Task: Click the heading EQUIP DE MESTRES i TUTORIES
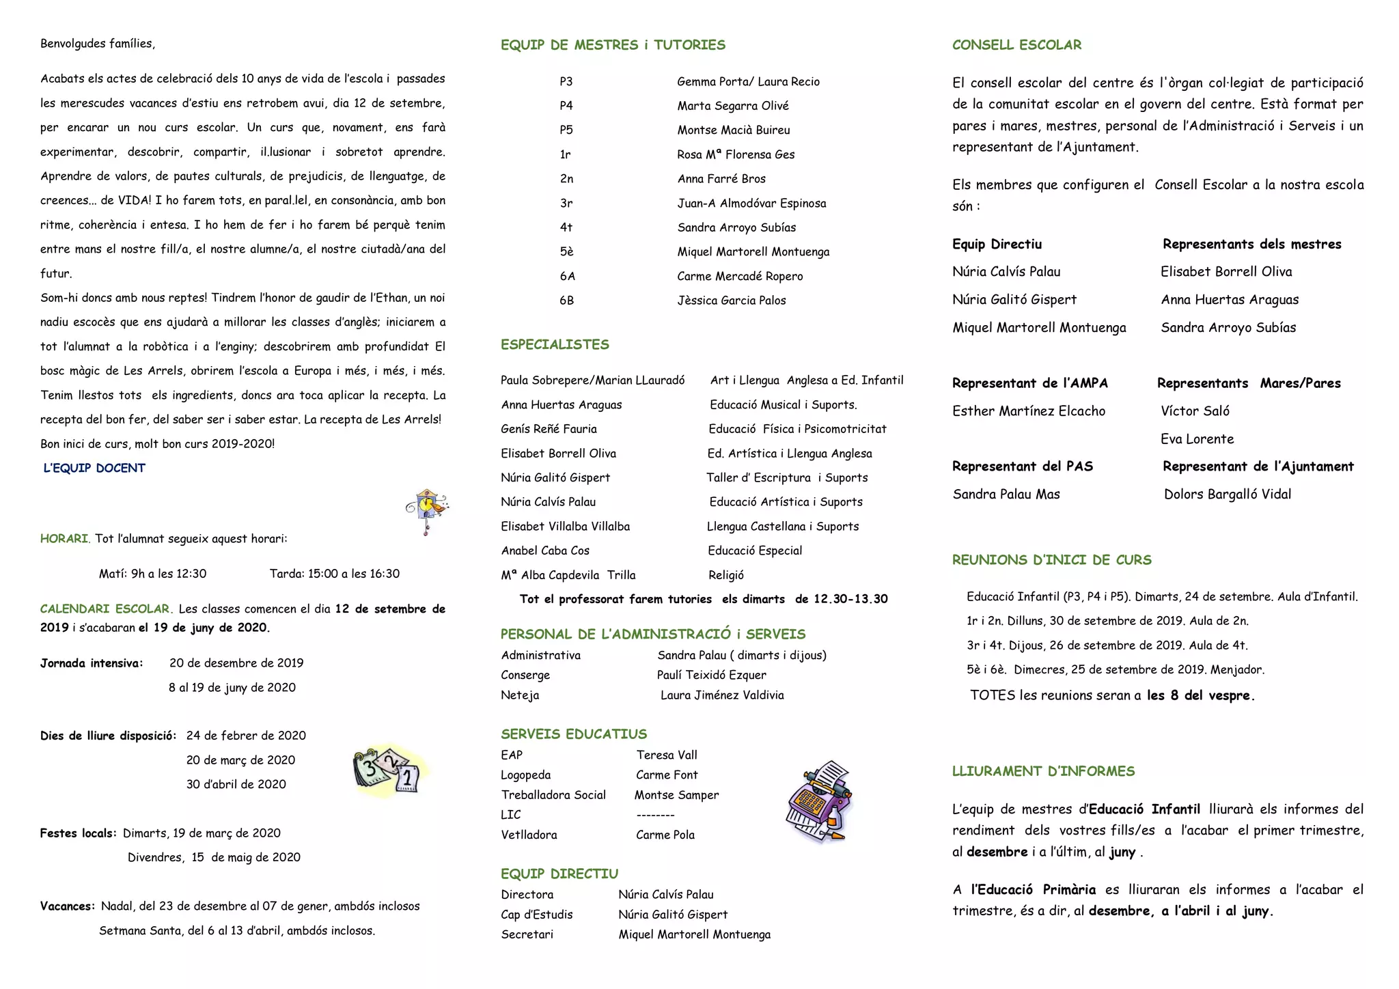[613, 45]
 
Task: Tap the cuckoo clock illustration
[427, 510]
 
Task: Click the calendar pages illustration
[387, 772]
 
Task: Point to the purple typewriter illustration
[820, 802]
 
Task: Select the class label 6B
[566, 301]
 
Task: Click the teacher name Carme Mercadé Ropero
[740, 276]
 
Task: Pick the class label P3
[566, 82]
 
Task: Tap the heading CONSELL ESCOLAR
[1016, 45]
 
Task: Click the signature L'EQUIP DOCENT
[94, 468]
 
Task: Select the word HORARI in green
[64, 539]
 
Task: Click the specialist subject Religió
[726, 575]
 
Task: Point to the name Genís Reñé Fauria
[549, 429]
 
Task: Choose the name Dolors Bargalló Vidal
[1227, 494]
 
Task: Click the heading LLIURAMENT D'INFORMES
[1043, 771]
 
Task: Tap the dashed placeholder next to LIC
[655, 815]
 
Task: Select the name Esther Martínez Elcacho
[1028, 411]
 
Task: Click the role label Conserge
[525, 675]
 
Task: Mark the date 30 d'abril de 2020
[236, 784]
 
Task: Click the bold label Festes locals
[77, 833]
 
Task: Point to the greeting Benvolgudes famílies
[98, 44]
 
